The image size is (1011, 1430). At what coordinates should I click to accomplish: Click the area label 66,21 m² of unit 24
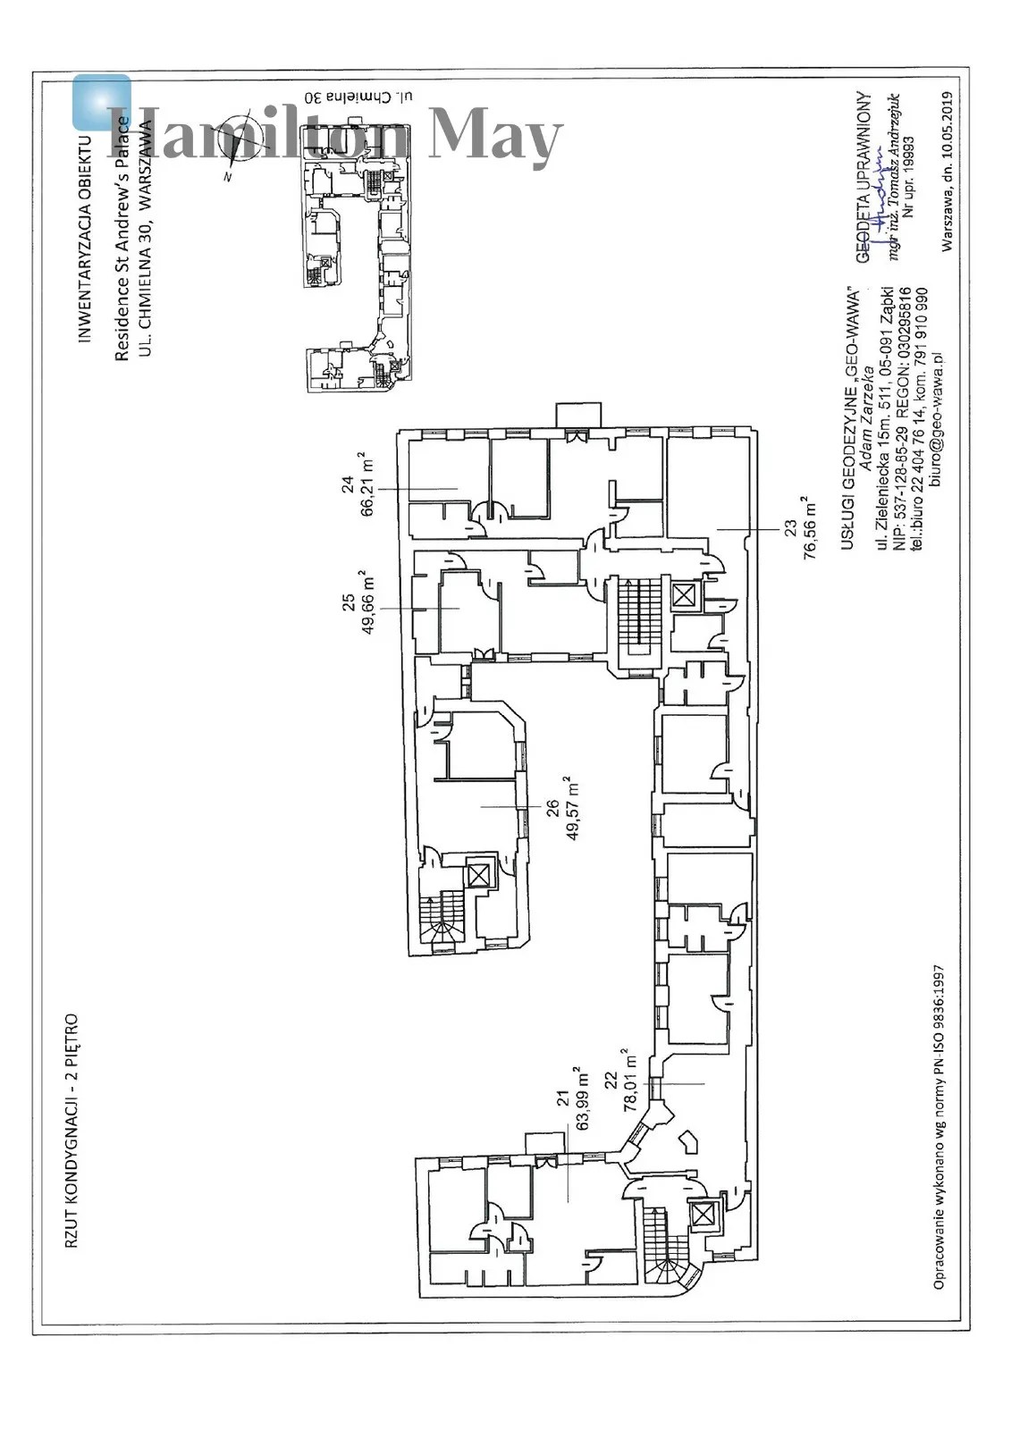click(366, 485)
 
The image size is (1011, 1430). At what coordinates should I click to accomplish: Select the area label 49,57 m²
click(572, 808)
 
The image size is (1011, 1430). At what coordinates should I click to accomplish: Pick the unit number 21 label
click(562, 1098)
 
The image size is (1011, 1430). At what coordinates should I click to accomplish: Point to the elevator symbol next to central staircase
click(685, 595)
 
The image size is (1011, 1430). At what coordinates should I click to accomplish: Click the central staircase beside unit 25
click(636, 617)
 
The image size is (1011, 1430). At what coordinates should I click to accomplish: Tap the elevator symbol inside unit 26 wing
click(479, 874)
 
